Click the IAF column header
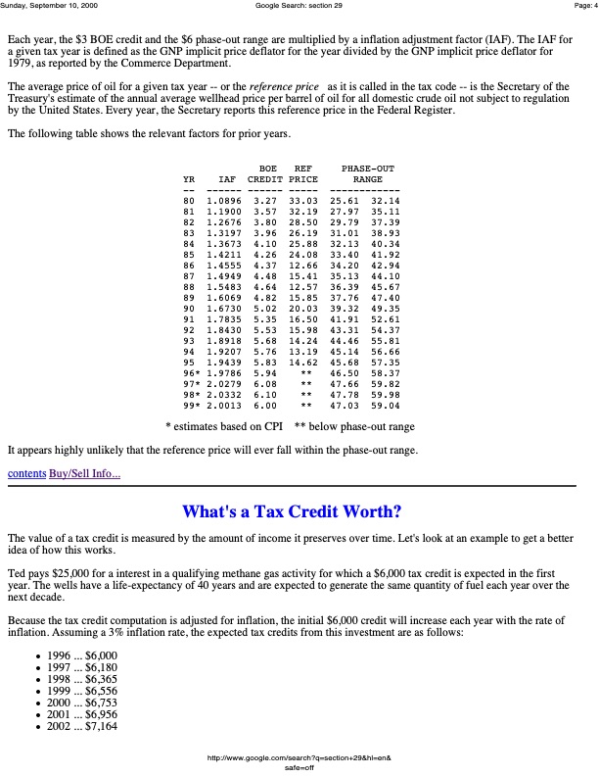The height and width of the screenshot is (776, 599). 227,179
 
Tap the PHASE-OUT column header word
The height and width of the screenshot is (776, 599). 368,169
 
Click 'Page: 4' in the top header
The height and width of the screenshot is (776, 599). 579,6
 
